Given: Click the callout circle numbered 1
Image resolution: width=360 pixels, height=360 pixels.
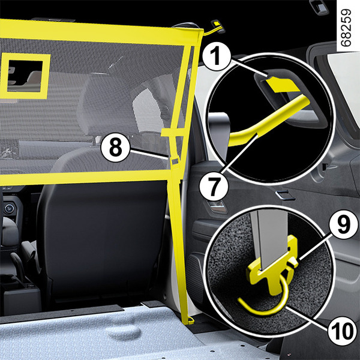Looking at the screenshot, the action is [217, 56].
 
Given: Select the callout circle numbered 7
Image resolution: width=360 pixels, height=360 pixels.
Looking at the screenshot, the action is [214, 187].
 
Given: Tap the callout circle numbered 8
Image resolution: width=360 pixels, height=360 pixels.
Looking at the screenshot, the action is [115, 148].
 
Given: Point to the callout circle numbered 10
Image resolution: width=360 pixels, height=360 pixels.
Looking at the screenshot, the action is [341, 331].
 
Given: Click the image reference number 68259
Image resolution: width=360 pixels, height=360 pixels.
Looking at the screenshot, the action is [346, 28].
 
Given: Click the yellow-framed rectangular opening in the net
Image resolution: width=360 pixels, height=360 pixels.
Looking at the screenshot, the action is [25, 76].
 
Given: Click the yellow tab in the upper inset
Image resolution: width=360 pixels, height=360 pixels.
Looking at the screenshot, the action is [283, 85].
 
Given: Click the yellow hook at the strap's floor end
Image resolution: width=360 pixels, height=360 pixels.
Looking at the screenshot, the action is [190, 321].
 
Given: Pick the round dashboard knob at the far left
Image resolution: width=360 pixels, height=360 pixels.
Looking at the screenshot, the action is [9, 208].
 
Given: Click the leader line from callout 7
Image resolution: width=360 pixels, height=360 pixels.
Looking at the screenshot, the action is [241, 154].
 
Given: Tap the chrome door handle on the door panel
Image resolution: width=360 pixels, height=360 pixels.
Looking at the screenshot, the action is [285, 196].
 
